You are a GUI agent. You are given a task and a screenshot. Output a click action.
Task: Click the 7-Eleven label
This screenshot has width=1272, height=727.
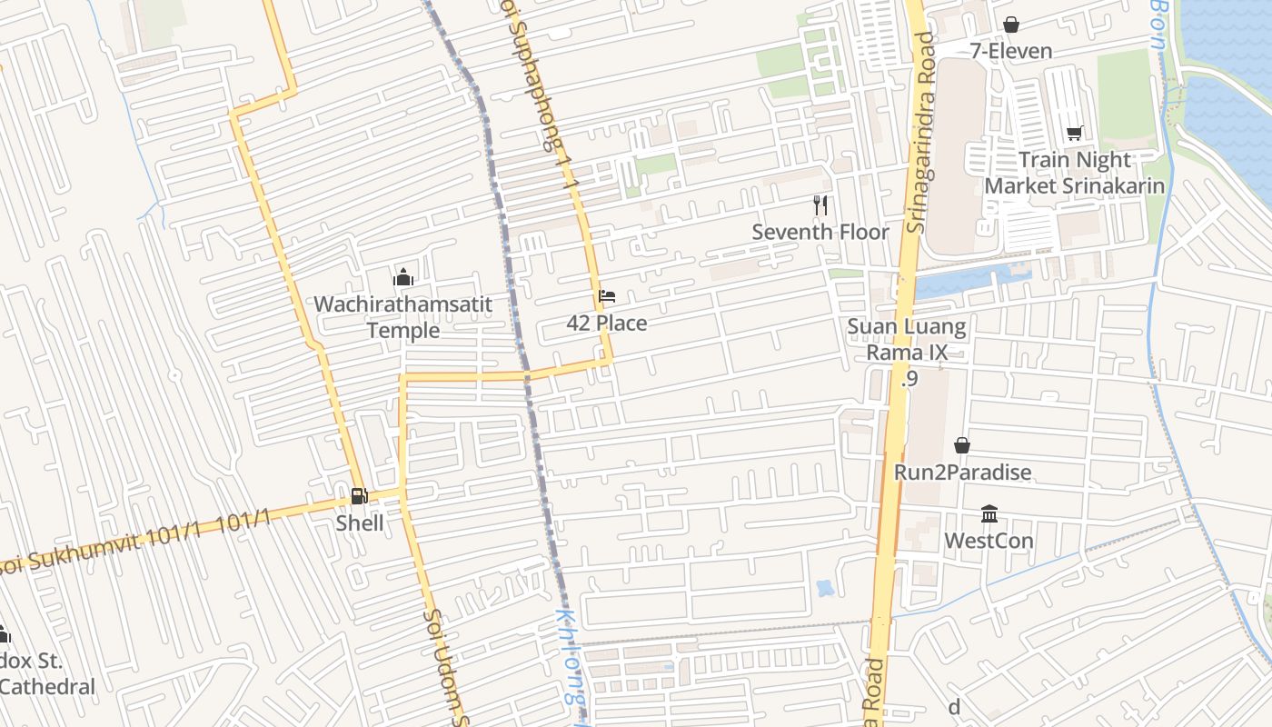click(x=1010, y=51)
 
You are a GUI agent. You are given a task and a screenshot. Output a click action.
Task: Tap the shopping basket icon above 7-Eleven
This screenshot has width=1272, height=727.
click(x=1010, y=25)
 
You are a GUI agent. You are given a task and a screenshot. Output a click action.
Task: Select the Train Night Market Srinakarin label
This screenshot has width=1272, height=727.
click(x=1074, y=173)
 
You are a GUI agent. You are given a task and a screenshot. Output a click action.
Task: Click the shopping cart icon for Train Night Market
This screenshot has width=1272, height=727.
click(x=1074, y=134)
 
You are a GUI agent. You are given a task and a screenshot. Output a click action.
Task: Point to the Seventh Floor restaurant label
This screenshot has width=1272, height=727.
click(x=820, y=232)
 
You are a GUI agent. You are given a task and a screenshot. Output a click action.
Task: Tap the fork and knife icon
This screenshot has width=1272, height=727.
click(x=820, y=205)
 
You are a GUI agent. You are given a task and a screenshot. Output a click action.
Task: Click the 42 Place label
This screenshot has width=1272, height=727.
click(x=607, y=323)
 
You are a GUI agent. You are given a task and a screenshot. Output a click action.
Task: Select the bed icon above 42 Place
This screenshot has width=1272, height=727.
click(x=607, y=296)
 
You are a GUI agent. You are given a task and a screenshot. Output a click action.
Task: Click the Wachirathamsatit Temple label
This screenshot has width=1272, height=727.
click(x=403, y=316)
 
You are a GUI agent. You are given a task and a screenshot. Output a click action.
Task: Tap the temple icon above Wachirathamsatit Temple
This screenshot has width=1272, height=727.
click(x=403, y=277)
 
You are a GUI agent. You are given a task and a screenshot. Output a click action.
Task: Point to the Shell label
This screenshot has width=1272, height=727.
click(x=360, y=523)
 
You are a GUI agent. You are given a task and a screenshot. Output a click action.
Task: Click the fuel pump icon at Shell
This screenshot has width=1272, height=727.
click(x=360, y=496)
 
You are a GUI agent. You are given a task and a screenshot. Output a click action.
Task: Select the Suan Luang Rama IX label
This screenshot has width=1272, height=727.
click(x=907, y=338)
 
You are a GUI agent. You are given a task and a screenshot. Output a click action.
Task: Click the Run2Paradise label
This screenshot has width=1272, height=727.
click(x=962, y=472)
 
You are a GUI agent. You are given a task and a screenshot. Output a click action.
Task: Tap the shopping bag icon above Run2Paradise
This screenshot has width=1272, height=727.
click(x=962, y=445)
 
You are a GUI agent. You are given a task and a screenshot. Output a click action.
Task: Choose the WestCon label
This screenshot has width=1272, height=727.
click(x=989, y=541)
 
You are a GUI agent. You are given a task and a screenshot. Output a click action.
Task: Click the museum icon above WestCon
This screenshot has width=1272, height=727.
click(x=989, y=514)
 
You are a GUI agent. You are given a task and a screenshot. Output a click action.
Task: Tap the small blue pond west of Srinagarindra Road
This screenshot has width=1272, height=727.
click(x=825, y=588)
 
